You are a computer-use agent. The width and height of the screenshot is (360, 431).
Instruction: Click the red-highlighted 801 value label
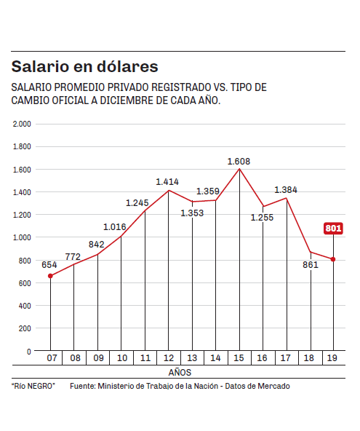(333, 228)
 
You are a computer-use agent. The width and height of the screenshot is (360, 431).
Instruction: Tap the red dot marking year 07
(50, 276)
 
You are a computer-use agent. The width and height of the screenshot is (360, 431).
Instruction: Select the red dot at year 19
(333, 259)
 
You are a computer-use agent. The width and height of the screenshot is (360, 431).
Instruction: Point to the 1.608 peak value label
(239, 162)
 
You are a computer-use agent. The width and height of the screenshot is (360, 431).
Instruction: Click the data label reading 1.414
(167, 182)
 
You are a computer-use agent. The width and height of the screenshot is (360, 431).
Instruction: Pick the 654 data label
(49, 265)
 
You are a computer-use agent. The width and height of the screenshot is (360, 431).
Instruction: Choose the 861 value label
(311, 265)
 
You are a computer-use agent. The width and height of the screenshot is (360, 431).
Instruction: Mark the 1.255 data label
(262, 218)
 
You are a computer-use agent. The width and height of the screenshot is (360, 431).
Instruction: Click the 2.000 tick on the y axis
(22, 124)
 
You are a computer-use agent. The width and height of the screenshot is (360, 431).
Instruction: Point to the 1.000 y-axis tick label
(22, 237)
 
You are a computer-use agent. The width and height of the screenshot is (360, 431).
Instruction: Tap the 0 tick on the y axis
(29, 352)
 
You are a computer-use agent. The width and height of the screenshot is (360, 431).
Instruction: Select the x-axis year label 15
(239, 358)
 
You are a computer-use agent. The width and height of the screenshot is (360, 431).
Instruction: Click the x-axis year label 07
(52, 358)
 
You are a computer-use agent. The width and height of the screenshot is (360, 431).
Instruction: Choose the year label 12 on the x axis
(169, 358)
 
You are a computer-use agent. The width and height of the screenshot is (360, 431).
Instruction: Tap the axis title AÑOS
(180, 373)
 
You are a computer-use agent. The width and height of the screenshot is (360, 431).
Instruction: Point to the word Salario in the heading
(40, 66)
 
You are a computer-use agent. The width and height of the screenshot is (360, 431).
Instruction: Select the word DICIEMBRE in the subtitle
(127, 100)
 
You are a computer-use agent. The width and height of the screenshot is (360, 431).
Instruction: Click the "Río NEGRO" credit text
(33, 386)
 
